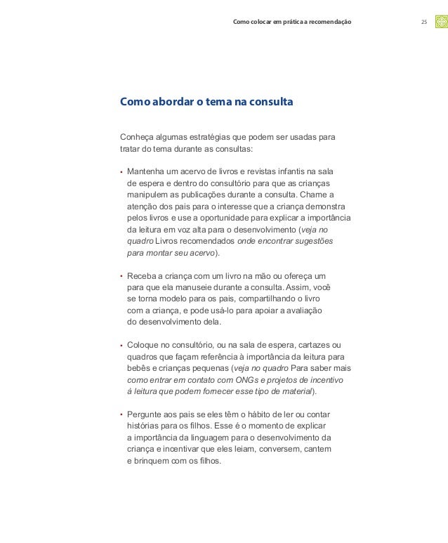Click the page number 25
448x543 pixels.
coord(423,23)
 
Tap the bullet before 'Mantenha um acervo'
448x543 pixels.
coord(121,171)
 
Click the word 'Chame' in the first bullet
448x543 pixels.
coord(321,195)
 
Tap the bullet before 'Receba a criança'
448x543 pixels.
coord(121,276)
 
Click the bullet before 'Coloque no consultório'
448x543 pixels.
coord(121,346)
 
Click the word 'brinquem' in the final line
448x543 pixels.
coord(154,461)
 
